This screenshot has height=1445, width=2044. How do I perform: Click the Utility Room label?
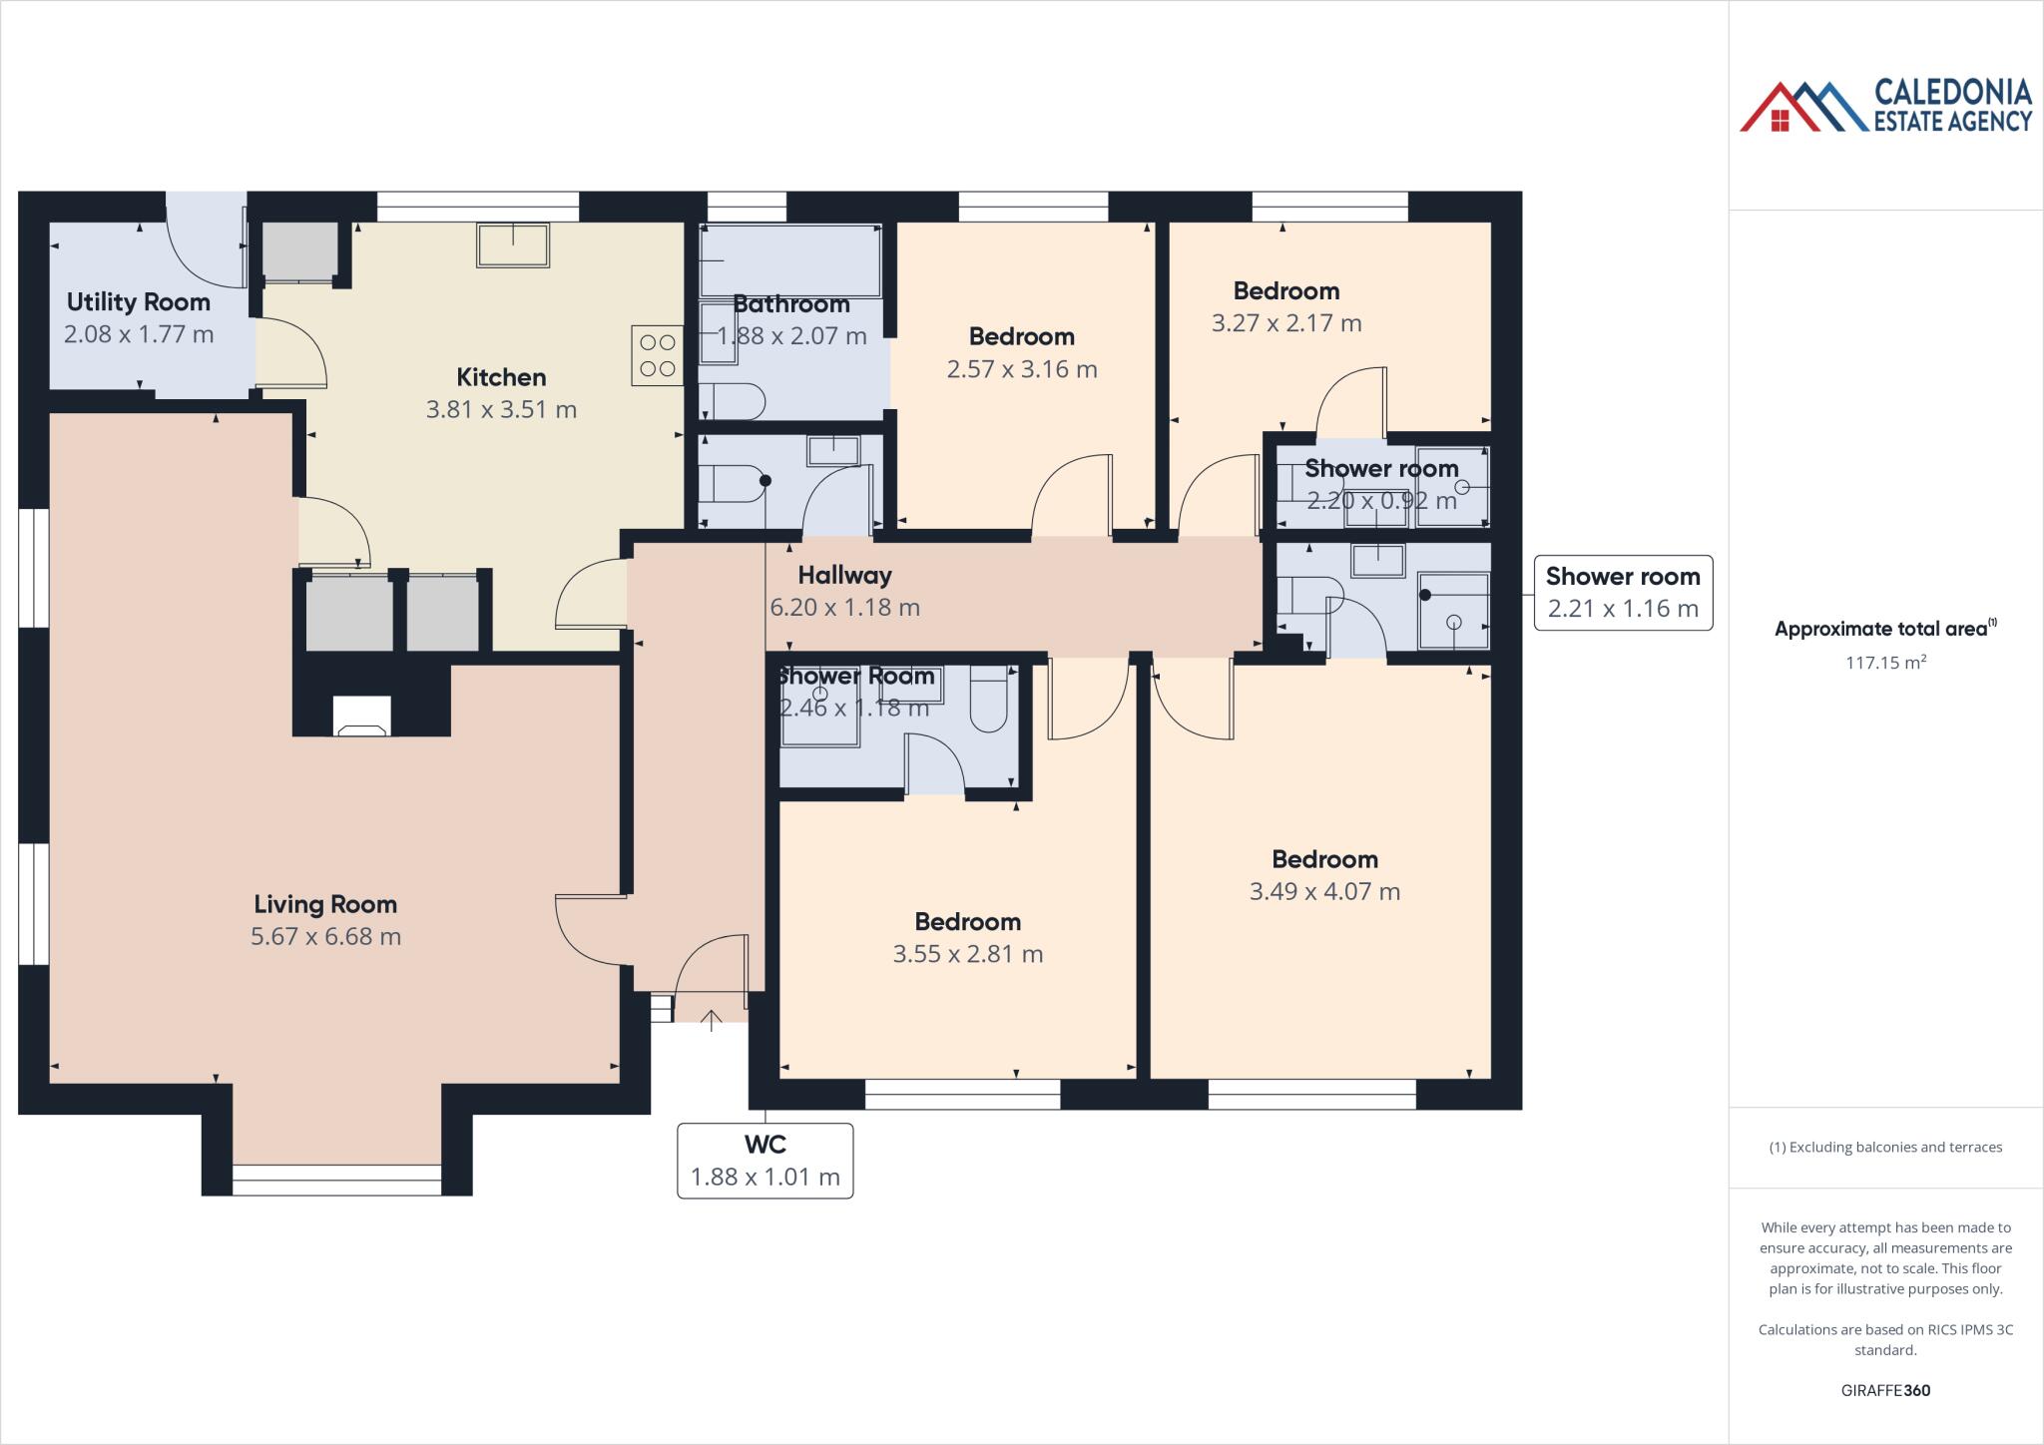tap(138, 301)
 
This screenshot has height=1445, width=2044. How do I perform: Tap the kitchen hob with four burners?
tap(657, 355)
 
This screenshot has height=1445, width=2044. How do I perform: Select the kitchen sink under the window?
tap(513, 245)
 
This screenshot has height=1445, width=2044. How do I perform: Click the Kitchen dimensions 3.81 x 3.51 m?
tap(501, 409)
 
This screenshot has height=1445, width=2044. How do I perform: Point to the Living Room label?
tap(324, 904)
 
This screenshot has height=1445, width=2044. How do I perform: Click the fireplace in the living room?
tap(361, 718)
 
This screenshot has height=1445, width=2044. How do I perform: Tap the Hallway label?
tap(844, 575)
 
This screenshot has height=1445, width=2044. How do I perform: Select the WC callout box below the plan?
tap(765, 1161)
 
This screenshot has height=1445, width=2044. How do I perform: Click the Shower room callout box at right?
tap(1622, 593)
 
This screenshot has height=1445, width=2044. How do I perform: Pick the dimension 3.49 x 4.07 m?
tap(1324, 891)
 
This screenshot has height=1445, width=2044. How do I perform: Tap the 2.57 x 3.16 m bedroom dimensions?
tap(1021, 369)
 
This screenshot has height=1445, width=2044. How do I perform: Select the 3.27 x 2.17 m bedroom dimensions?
tap(1285, 323)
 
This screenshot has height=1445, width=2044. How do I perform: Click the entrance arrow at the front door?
tap(711, 1020)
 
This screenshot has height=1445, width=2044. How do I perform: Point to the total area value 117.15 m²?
tap(1885, 662)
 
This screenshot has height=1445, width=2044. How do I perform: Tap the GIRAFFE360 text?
tap(1885, 1390)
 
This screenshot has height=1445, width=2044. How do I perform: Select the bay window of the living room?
tap(336, 1180)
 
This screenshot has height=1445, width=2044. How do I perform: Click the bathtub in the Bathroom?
tap(789, 260)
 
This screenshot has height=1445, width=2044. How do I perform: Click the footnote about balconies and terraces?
tap(1885, 1147)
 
